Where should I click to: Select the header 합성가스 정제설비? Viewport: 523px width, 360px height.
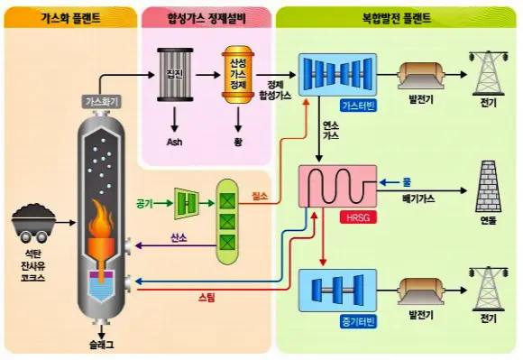click(206, 16)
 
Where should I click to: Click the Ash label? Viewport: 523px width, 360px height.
click(174, 142)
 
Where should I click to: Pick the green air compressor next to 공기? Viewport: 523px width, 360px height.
click(186, 203)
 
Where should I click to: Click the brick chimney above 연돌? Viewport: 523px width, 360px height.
click(489, 184)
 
